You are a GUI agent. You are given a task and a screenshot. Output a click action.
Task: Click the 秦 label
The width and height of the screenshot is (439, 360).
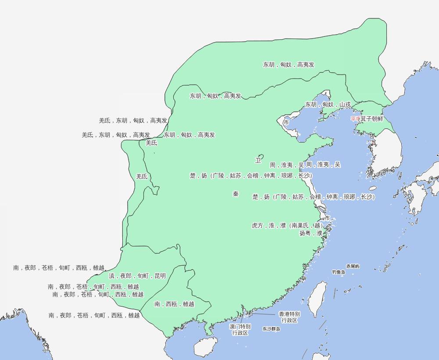point(236,194)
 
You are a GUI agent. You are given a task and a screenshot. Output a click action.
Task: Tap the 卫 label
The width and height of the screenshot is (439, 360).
point(258,160)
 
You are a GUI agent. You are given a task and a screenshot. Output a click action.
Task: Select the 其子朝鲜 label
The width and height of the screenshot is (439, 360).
point(372,119)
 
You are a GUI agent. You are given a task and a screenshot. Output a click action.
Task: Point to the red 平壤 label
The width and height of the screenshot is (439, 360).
point(355,119)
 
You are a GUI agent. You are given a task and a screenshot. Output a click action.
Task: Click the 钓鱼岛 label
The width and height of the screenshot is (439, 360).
point(339,272)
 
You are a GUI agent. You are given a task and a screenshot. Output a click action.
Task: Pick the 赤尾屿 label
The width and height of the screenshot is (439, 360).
point(353,266)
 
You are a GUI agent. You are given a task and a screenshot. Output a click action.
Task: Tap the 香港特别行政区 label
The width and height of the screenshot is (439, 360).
point(289,317)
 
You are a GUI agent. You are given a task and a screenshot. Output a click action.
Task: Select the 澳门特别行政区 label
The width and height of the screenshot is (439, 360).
point(240,330)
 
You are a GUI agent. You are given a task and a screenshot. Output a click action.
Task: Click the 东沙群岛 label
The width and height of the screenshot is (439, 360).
point(271,328)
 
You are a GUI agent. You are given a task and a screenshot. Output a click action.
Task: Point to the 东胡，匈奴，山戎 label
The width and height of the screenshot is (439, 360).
point(328,105)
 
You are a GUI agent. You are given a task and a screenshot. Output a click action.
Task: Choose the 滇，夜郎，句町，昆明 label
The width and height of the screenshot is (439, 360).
point(137,276)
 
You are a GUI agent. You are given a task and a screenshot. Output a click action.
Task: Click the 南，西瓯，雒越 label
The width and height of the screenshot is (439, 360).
point(174,304)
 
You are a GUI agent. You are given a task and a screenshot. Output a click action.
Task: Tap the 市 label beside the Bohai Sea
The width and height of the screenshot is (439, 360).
point(286,122)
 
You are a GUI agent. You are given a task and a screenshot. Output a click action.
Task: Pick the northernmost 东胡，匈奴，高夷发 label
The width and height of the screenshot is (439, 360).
point(289,64)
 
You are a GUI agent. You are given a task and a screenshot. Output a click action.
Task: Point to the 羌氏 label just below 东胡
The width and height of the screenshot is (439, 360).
point(151,143)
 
